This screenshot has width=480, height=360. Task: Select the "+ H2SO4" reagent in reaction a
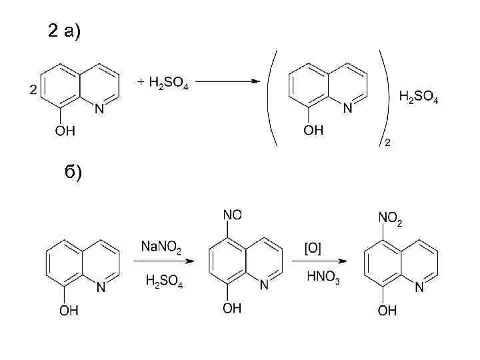tap(163, 83)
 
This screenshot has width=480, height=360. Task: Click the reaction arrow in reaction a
tap(227, 83)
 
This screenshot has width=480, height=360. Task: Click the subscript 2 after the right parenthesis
tap(387, 142)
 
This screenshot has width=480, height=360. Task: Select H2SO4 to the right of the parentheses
tap(418, 97)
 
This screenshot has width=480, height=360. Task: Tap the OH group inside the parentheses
tap(313, 131)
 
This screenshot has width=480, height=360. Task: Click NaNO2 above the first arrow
tap(160, 247)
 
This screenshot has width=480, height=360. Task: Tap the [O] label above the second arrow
tap(313, 249)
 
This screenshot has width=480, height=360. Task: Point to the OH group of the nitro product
tap(387, 310)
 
